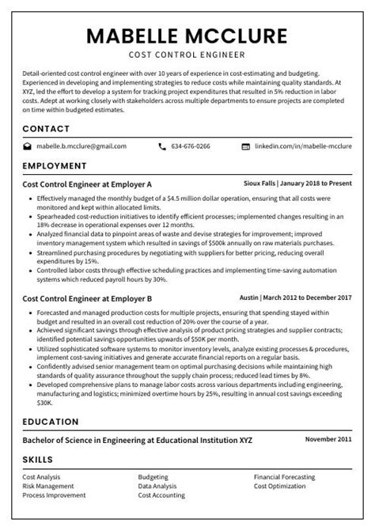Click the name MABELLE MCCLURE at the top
tap(187, 36)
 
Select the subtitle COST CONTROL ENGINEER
tap(187, 55)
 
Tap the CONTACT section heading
tap(46, 128)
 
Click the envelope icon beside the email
tap(27, 146)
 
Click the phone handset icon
tap(162, 146)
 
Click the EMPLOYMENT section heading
tap(55, 166)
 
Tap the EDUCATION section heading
tap(50, 422)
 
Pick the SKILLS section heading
tap(37, 459)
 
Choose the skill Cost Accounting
tap(163, 495)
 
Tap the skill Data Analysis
tap(158, 486)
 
